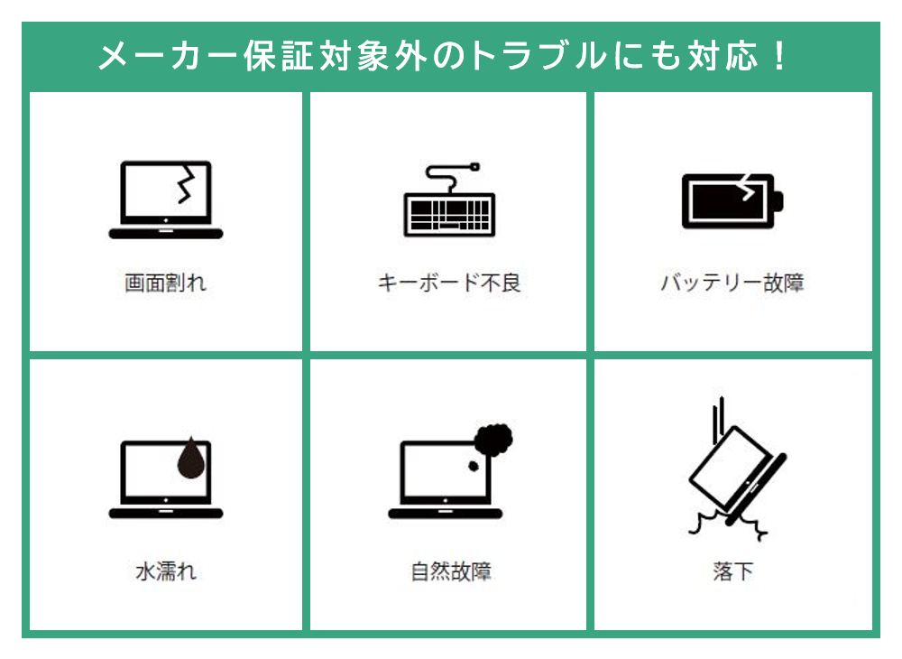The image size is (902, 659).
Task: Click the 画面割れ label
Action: click(165, 283)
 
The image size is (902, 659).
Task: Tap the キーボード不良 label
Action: click(449, 283)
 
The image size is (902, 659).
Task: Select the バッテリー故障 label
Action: click(732, 283)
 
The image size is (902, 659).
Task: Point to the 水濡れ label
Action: click(165, 571)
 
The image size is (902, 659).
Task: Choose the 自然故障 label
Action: click(450, 571)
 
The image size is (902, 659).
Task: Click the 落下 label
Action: click(732, 571)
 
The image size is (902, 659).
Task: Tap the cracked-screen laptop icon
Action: click(165, 200)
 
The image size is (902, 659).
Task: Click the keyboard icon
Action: click(449, 214)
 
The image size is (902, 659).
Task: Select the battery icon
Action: click(732, 200)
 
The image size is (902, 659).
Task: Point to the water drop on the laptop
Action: click(190, 458)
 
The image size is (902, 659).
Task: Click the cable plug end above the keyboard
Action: click(475, 167)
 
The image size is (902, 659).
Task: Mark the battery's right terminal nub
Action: click(778, 200)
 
